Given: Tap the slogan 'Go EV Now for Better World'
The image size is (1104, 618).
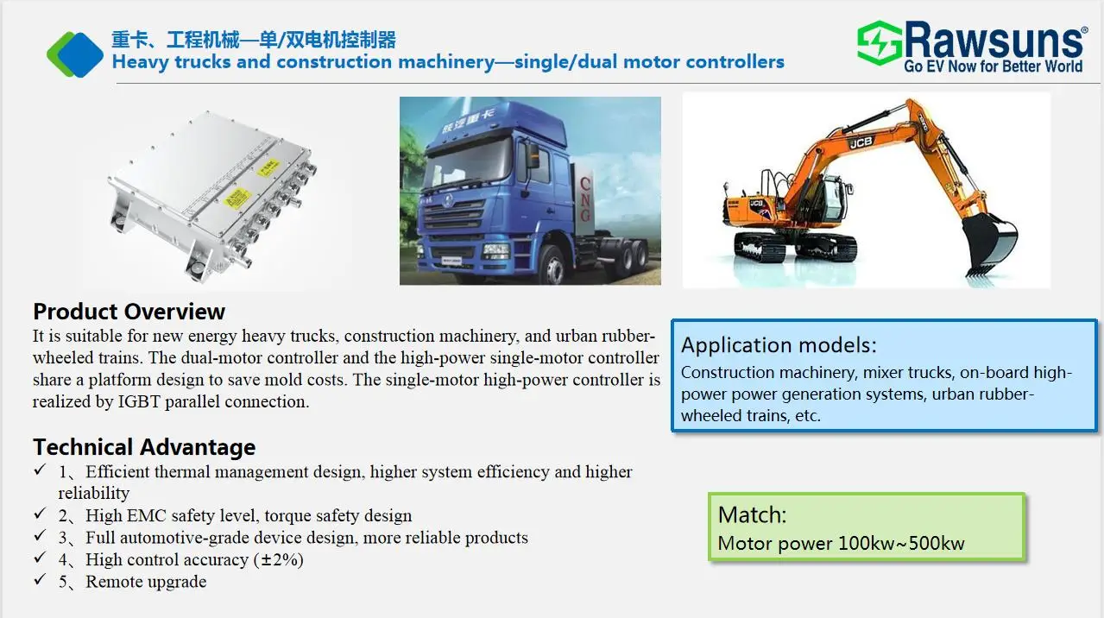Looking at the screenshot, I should click(x=993, y=66).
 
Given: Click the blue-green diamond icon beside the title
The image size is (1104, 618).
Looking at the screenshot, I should click(x=75, y=54).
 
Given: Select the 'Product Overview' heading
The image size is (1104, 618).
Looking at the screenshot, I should click(x=129, y=312).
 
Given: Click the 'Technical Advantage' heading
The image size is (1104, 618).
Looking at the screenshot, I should click(x=144, y=447).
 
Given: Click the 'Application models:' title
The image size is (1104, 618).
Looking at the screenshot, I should click(x=779, y=345).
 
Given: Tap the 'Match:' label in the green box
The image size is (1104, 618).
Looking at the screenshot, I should click(x=752, y=515).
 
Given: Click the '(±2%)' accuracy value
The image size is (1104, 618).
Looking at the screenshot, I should click(x=278, y=559).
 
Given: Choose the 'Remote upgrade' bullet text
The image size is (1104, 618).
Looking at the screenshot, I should click(x=146, y=582).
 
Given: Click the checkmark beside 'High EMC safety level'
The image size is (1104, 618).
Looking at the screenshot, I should click(x=40, y=514).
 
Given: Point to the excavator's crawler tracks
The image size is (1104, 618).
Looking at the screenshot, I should click(x=795, y=248).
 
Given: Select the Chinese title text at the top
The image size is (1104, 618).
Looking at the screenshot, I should click(x=254, y=40).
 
